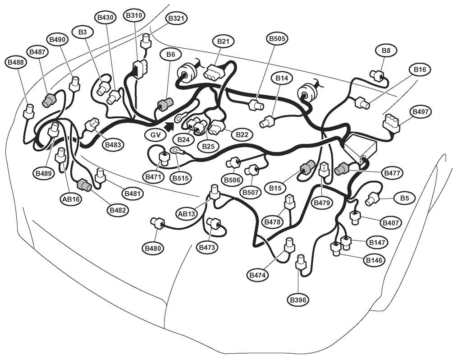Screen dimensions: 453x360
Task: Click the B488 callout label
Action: [16, 62]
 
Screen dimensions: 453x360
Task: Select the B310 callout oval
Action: [134, 16]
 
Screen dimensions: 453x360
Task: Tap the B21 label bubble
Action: [223, 42]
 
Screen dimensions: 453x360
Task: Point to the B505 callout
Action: [277, 38]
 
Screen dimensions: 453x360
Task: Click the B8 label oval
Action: [386, 51]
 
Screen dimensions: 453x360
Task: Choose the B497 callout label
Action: [421, 112]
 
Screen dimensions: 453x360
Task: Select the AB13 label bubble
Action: [187, 214]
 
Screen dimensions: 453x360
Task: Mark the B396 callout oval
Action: [298, 300]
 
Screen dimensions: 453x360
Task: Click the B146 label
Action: [374, 260]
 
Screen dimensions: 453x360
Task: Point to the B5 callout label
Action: [404, 198]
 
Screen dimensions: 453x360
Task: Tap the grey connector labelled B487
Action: [49, 99]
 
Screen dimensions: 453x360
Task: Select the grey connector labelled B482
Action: [84, 185]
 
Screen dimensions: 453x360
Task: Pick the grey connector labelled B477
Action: [342, 169]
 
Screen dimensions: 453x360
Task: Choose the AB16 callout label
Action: [71, 199]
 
